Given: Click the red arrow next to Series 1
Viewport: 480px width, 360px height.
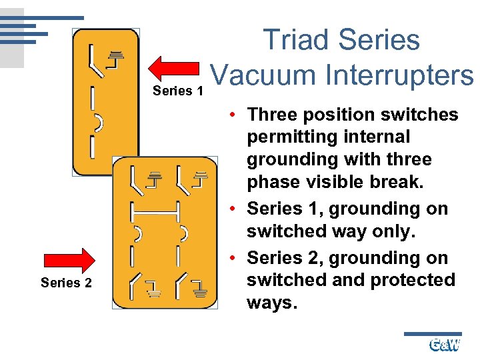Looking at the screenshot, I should (x=175, y=68).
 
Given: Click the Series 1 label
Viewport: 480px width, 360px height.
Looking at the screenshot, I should (x=178, y=91).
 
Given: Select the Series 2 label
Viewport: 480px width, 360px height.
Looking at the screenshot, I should (x=66, y=283).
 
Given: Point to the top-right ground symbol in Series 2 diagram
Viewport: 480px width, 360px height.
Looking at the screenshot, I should (x=199, y=178).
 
